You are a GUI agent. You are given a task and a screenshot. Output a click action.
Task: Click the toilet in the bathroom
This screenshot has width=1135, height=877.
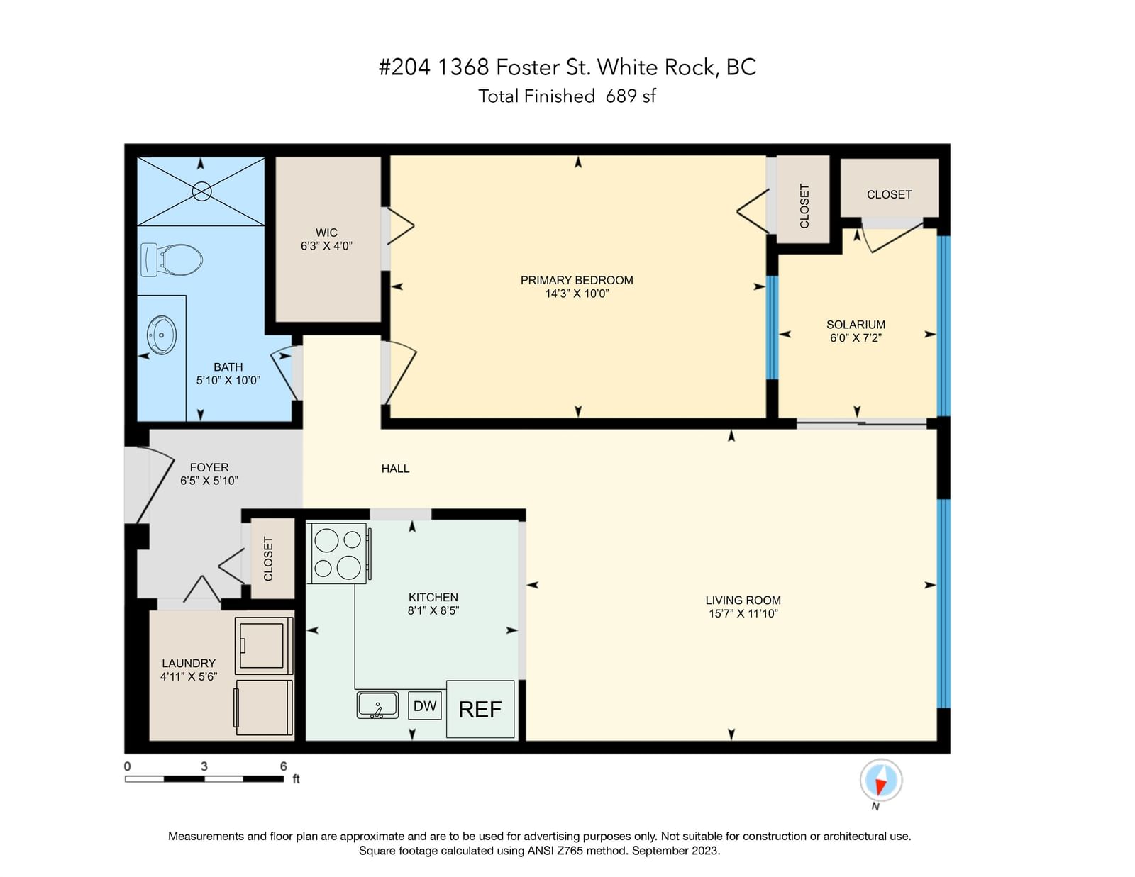click(172, 260)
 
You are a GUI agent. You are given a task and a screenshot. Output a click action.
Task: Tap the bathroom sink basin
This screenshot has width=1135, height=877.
click(162, 335)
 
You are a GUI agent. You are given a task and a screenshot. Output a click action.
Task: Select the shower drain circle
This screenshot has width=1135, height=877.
click(201, 191)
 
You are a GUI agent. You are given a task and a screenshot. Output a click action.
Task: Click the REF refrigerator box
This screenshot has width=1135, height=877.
click(480, 709)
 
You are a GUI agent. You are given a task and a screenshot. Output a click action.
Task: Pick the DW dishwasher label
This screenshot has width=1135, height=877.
click(425, 706)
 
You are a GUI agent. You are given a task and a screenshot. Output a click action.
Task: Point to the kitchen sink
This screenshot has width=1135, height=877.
click(377, 705)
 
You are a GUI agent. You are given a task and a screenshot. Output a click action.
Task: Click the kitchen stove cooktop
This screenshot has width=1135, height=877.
click(339, 553)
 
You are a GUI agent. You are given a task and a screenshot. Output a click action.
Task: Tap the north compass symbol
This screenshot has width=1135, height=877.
click(880, 781)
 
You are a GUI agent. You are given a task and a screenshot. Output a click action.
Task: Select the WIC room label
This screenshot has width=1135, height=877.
click(326, 233)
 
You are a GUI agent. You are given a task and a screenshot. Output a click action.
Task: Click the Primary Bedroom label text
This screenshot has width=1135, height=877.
click(577, 280)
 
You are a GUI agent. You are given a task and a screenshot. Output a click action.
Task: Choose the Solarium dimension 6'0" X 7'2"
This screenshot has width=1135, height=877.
click(856, 337)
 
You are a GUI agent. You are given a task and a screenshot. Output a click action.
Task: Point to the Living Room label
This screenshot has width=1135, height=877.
click(743, 601)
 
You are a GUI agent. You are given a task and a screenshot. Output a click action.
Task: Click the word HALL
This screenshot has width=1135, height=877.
click(395, 469)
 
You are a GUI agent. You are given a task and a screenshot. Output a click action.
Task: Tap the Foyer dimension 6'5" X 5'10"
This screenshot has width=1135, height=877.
click(209, 481)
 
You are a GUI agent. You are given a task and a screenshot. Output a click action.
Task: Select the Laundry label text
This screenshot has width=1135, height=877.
click(189, 664)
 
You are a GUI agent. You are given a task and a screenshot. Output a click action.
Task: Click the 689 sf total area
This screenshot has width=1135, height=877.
click(631, 96)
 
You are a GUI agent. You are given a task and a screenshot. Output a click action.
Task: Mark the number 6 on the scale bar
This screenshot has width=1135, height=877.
click(283, 766)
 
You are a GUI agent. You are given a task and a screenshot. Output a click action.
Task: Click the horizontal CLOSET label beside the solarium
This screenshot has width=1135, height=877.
click(889, 195)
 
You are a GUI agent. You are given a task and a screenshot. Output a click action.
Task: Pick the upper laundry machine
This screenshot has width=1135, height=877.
click(264, 645)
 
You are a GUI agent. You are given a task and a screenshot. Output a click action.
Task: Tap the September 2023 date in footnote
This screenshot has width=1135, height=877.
click(676, 851)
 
